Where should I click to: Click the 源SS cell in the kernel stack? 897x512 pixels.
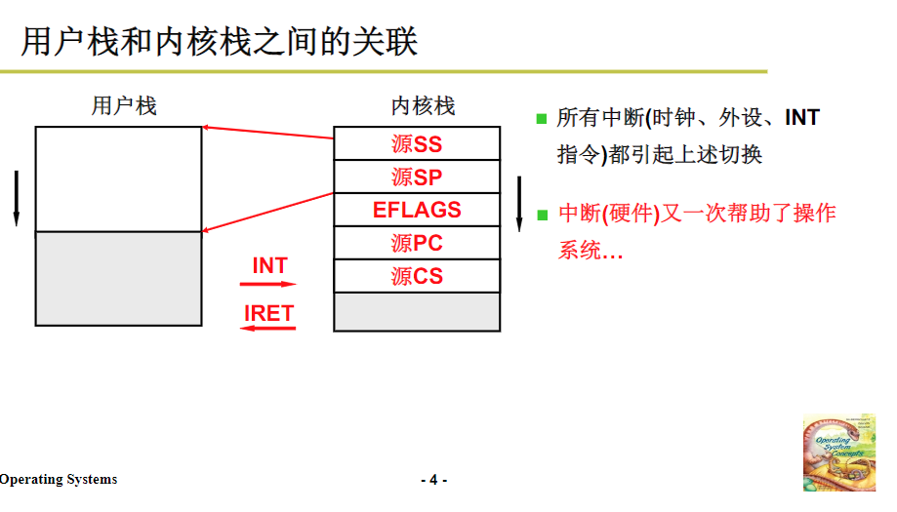(x=417, y=144)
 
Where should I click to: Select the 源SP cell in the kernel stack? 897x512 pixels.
(x=417, y=177)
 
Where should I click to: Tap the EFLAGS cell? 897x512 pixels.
(x=417, y=210)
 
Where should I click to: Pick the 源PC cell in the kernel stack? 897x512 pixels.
(x=417, y=243)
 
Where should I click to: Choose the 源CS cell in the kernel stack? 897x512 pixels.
(x=417, y=276)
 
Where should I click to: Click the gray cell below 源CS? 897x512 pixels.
(x=417, y=312)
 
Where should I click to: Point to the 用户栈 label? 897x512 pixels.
(x=124, y=105)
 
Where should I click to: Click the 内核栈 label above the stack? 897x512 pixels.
(x=423, y=105)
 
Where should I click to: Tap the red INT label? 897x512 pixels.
(x=269, y=265)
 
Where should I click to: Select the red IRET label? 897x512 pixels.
(x=268, y=313)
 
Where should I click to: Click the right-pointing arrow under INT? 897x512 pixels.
(x=268, y=284)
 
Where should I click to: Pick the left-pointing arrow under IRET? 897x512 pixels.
(x=268, y=330)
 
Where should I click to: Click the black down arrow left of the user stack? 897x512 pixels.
(x=16, y=198)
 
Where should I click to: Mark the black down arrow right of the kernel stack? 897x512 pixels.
(x=519, y=204)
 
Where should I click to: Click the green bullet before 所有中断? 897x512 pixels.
(x=542, y=119)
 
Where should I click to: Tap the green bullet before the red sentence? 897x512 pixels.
(x=542, y=214)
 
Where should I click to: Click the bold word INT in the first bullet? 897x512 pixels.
(x=802, y=118)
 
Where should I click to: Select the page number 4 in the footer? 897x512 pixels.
(x=433, y=480)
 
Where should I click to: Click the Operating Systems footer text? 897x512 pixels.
(x=59, y=479)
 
